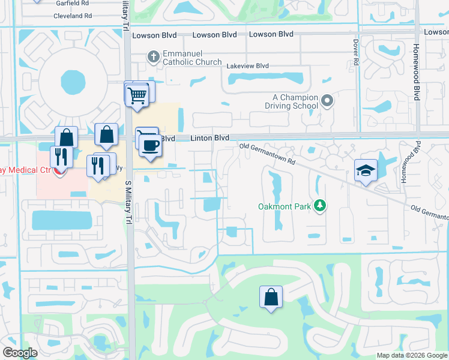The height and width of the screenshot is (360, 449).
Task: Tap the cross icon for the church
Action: pyautogui.click(x=153, y=57)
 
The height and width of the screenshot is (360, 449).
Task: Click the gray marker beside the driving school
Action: pyautogui.click(x=327, y=101)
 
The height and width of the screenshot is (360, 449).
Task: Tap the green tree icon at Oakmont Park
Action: pyautogui.click(x=321, y=206)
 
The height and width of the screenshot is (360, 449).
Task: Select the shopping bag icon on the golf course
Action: pyautogui.click(x=271, y=296)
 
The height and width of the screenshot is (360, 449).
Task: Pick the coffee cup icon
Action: pyautogui.click(x=150, y=145)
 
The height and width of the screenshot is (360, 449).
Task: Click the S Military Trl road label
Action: pyautogui.click(x=127, y=202)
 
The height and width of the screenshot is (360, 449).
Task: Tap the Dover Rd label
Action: pyautogui.click(x=355, y=50)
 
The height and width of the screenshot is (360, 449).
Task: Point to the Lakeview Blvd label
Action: pyautogui.click(x=247, y=63)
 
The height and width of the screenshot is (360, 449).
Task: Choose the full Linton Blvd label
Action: pyautogui.click(x=210, y=138)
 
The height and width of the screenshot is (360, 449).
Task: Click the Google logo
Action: pyautogui.click(x=20, y=353)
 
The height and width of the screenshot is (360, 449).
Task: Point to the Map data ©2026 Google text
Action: pyautogui.click(x=412, y=355)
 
